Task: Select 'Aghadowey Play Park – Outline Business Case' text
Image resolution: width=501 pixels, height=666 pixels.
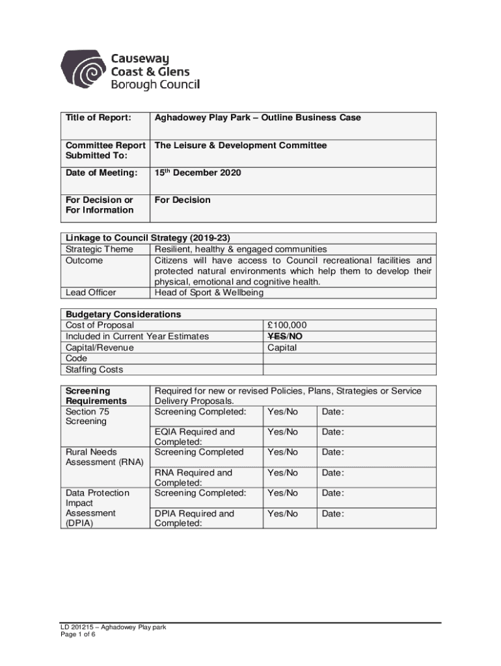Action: click(258, 118)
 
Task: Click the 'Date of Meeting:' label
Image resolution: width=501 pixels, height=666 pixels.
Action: click(101, 173)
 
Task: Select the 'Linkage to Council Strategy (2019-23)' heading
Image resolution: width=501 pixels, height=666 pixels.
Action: click(146, 238)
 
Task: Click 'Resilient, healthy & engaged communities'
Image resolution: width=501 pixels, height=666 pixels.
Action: click(241, 249)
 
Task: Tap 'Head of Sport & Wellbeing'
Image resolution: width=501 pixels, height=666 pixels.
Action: click(209, 293)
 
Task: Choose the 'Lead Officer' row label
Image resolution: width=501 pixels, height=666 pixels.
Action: click(91, 293)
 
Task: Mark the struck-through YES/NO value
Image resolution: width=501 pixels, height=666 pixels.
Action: click(285, 336)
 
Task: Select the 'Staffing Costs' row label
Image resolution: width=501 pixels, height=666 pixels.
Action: click(94, 370)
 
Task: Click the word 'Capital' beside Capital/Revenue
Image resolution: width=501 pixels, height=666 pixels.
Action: click(282, 347)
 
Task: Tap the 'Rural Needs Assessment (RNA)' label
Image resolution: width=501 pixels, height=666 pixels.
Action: click(104, 457)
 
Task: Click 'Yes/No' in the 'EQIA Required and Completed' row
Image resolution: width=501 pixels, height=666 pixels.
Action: click(282, 432)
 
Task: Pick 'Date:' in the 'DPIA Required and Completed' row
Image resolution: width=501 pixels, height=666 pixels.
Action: click(333, 514)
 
